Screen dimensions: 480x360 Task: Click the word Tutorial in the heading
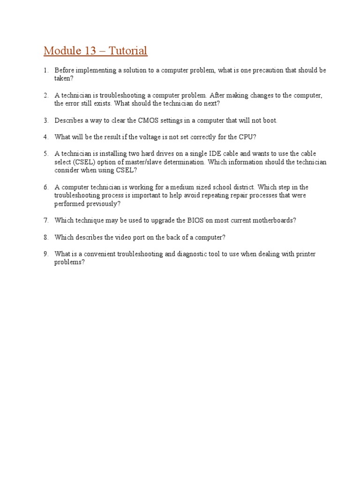(x=128, y=51)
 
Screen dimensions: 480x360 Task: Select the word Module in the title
(x=61, y=51)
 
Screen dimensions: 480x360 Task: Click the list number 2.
(x=46, y=95)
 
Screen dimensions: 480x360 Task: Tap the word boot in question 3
(x=270, y=120)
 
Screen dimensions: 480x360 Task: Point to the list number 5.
(x=46, y=153)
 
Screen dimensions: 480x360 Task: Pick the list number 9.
(x=46, y=254)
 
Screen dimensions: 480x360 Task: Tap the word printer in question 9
(x=305, y=254)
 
